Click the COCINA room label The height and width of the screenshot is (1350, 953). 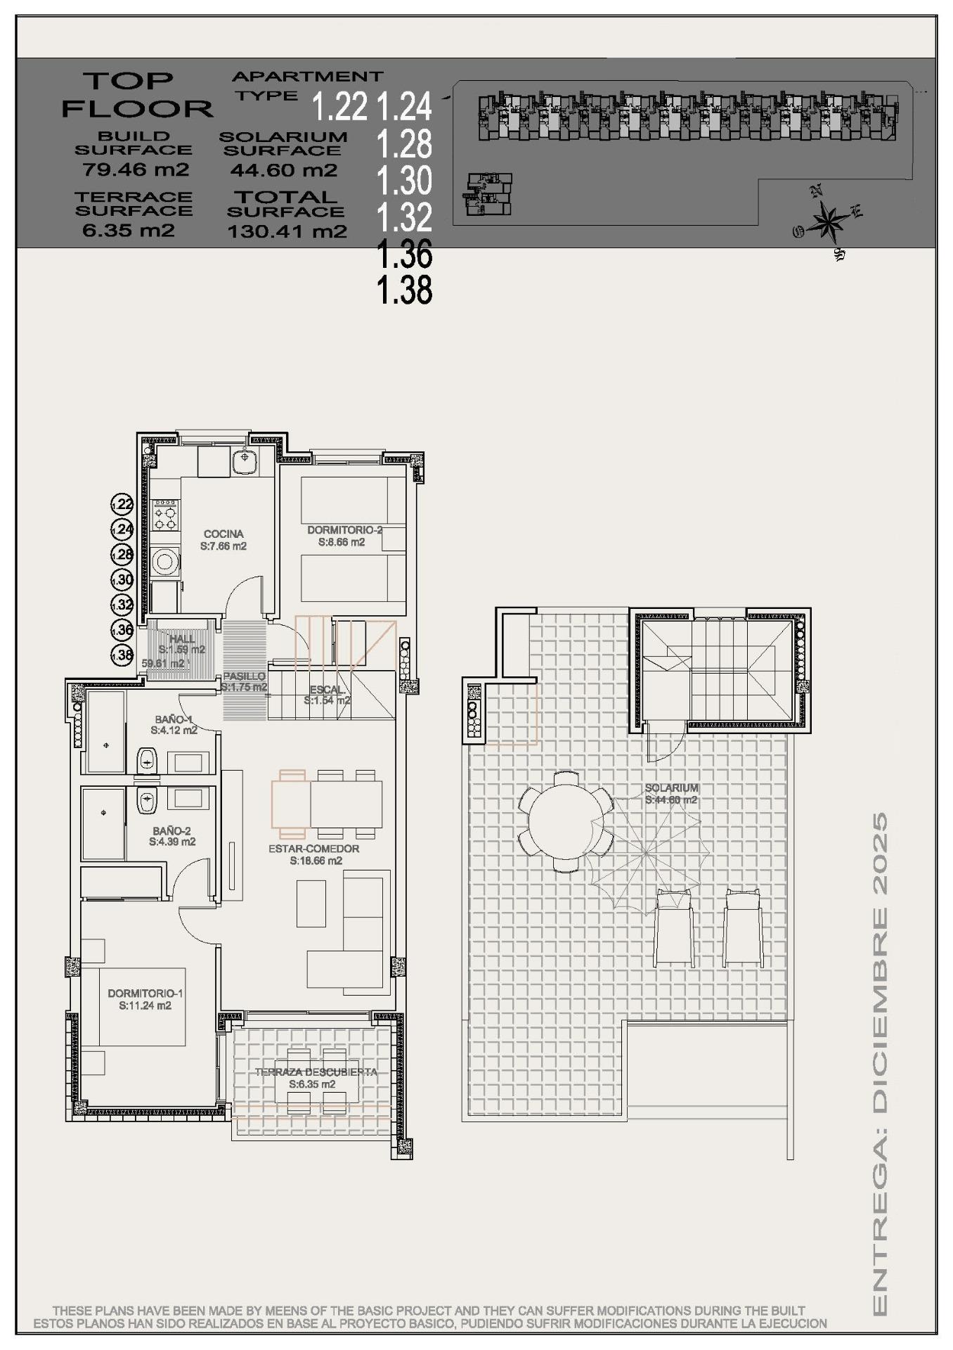pyautogui.click(x=223, y=534)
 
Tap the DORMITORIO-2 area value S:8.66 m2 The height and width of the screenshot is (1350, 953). pyautogui.click(x=342, y=542)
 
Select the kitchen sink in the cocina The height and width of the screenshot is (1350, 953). pyautogui.click(x=245, y=462)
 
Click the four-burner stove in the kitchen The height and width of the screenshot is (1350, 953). pyautogui.click(x=165, y=514)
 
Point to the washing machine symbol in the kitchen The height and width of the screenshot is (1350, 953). pyautogui.click(x=165, y=562)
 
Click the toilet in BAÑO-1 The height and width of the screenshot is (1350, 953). pyautogui.click(x=146, y=759)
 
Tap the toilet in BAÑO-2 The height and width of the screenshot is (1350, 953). pyautogui.click(x=146, y=800)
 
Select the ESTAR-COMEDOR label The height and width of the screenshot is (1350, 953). pyautogui.click(x=313, y=849)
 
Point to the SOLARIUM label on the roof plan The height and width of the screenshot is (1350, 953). pyautogui.click(x=671, y=788)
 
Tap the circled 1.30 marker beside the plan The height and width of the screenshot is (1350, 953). pyautogui.click(x=122, y=579)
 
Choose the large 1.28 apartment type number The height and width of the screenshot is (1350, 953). pyautogui.click(x=404, y=144)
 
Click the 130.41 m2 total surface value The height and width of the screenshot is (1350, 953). pyautogui.click(x=287, y=231)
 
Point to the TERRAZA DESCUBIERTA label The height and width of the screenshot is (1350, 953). pyautogui.click(x=316, y=1072)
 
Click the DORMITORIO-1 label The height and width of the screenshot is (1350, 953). pyautogui.click(x=145, y=994)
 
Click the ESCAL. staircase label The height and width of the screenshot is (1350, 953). pyautogui.click(x=327, y=690)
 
